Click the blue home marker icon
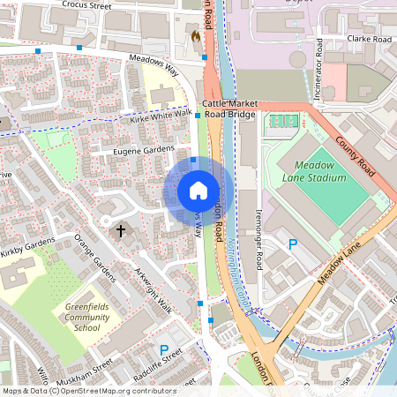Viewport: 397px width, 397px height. click(198, 191)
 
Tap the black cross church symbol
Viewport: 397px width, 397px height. click(121, 230)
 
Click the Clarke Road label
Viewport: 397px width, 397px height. click(369, 40)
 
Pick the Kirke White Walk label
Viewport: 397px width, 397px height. click(160, 116)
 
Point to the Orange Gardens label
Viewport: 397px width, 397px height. click(94, 258)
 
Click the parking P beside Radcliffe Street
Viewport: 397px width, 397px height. click(164, 349)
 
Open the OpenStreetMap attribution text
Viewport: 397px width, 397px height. click(88, 391)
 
